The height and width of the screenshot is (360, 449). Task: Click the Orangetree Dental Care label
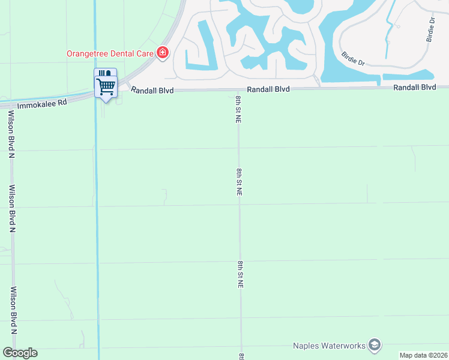(110, 52)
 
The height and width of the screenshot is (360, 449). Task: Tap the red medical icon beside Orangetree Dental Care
(162, 53)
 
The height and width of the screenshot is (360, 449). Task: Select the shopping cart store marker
(106, 84)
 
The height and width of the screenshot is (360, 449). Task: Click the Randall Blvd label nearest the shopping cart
(152, 89)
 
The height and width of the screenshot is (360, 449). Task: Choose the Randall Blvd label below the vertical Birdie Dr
(414, 88)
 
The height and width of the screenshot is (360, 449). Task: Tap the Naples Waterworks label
(329, 346)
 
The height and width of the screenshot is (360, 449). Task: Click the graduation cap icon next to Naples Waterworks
(375, 346)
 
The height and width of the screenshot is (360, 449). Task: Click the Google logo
(20, 353)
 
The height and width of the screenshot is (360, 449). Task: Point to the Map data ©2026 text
(424, 355)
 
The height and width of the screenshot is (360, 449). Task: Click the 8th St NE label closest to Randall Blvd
(238, 109)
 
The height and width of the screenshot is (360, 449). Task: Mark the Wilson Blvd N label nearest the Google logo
(13, 311)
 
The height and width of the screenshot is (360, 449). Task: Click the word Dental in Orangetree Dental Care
(124, 52)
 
